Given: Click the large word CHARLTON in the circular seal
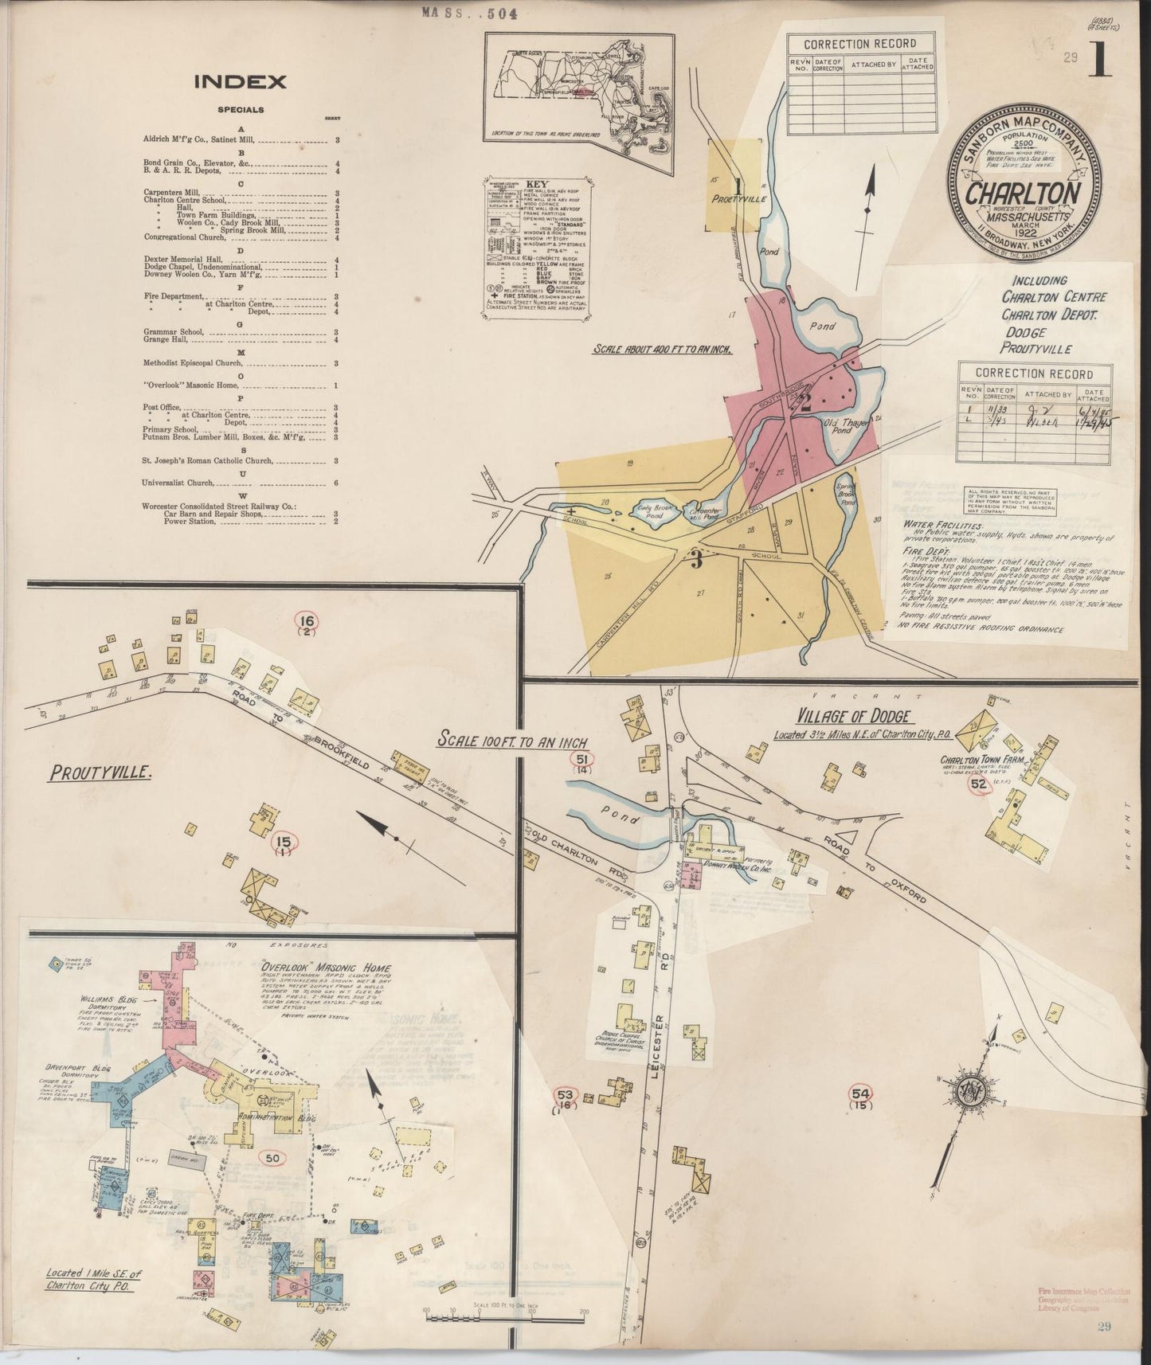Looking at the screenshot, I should click(1023, 194).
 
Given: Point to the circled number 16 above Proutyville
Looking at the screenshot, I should click(307, 621).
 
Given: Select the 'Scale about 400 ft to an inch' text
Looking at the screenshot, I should click(661, 349).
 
